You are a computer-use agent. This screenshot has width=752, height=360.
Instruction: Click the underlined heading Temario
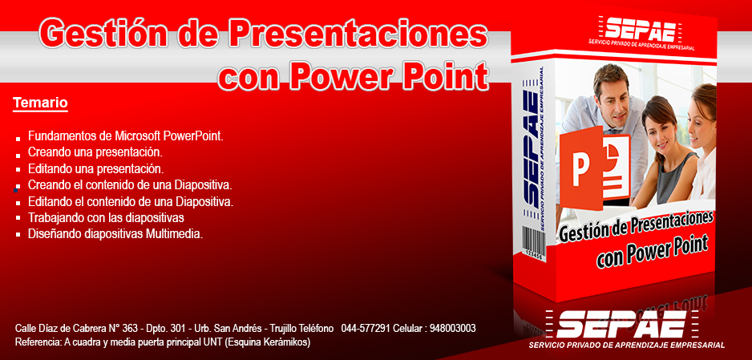tap(40, 103)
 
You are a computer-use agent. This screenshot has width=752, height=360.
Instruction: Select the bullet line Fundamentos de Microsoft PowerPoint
tap(126, 136)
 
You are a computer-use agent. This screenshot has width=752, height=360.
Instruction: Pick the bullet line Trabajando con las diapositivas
tap(106, 217)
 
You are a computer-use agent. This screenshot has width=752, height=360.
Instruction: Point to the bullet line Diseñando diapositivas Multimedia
tap(115, 234)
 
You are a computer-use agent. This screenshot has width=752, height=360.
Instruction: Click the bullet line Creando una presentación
tap(95, 152)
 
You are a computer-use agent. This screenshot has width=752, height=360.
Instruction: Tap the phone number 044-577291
tap(366, 329)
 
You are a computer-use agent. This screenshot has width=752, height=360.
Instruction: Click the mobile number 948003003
tap(453, 329)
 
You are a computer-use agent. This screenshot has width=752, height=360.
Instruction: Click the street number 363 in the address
tap(130, 329)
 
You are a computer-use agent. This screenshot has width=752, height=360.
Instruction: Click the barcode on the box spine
tap(532, 243)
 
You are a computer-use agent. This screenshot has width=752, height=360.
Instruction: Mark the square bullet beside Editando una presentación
tap(18, 170)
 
